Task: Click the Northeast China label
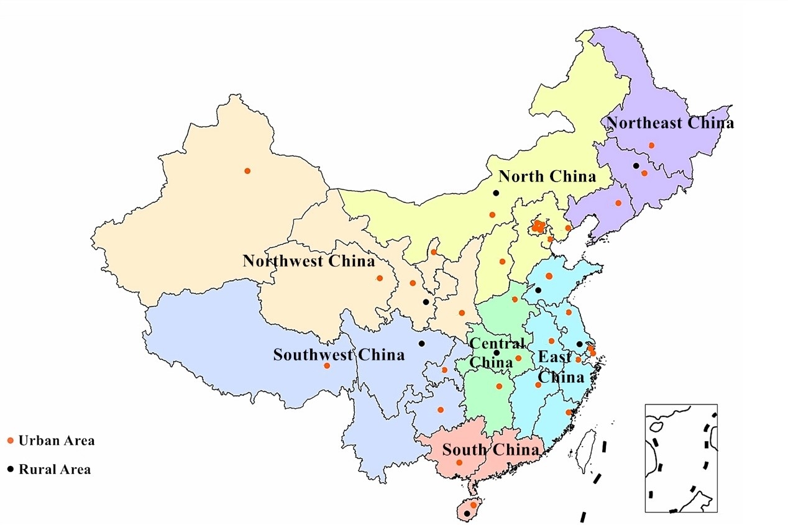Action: (x=670, y=123)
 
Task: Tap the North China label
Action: (x=547, y=177)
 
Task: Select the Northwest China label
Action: (x=309, y=261)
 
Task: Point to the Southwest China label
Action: (x=339, y=355)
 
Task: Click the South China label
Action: (x=490, y=450)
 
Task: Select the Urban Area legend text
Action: (x=57, y=441)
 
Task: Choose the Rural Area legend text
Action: (x=55, y=470)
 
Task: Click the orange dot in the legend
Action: (x=10, y=441)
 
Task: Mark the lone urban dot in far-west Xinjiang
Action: (x=247, y=171)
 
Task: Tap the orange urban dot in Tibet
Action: (x=327, y=365)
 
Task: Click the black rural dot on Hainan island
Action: (x=467, y=513)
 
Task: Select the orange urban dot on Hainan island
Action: (x=474, y=505)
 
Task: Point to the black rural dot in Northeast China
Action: (x=636, y=166)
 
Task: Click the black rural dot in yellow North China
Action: (x=496, y=193)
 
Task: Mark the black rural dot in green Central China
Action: (x=497, y=353)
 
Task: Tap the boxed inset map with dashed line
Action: (x=680, y=458)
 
